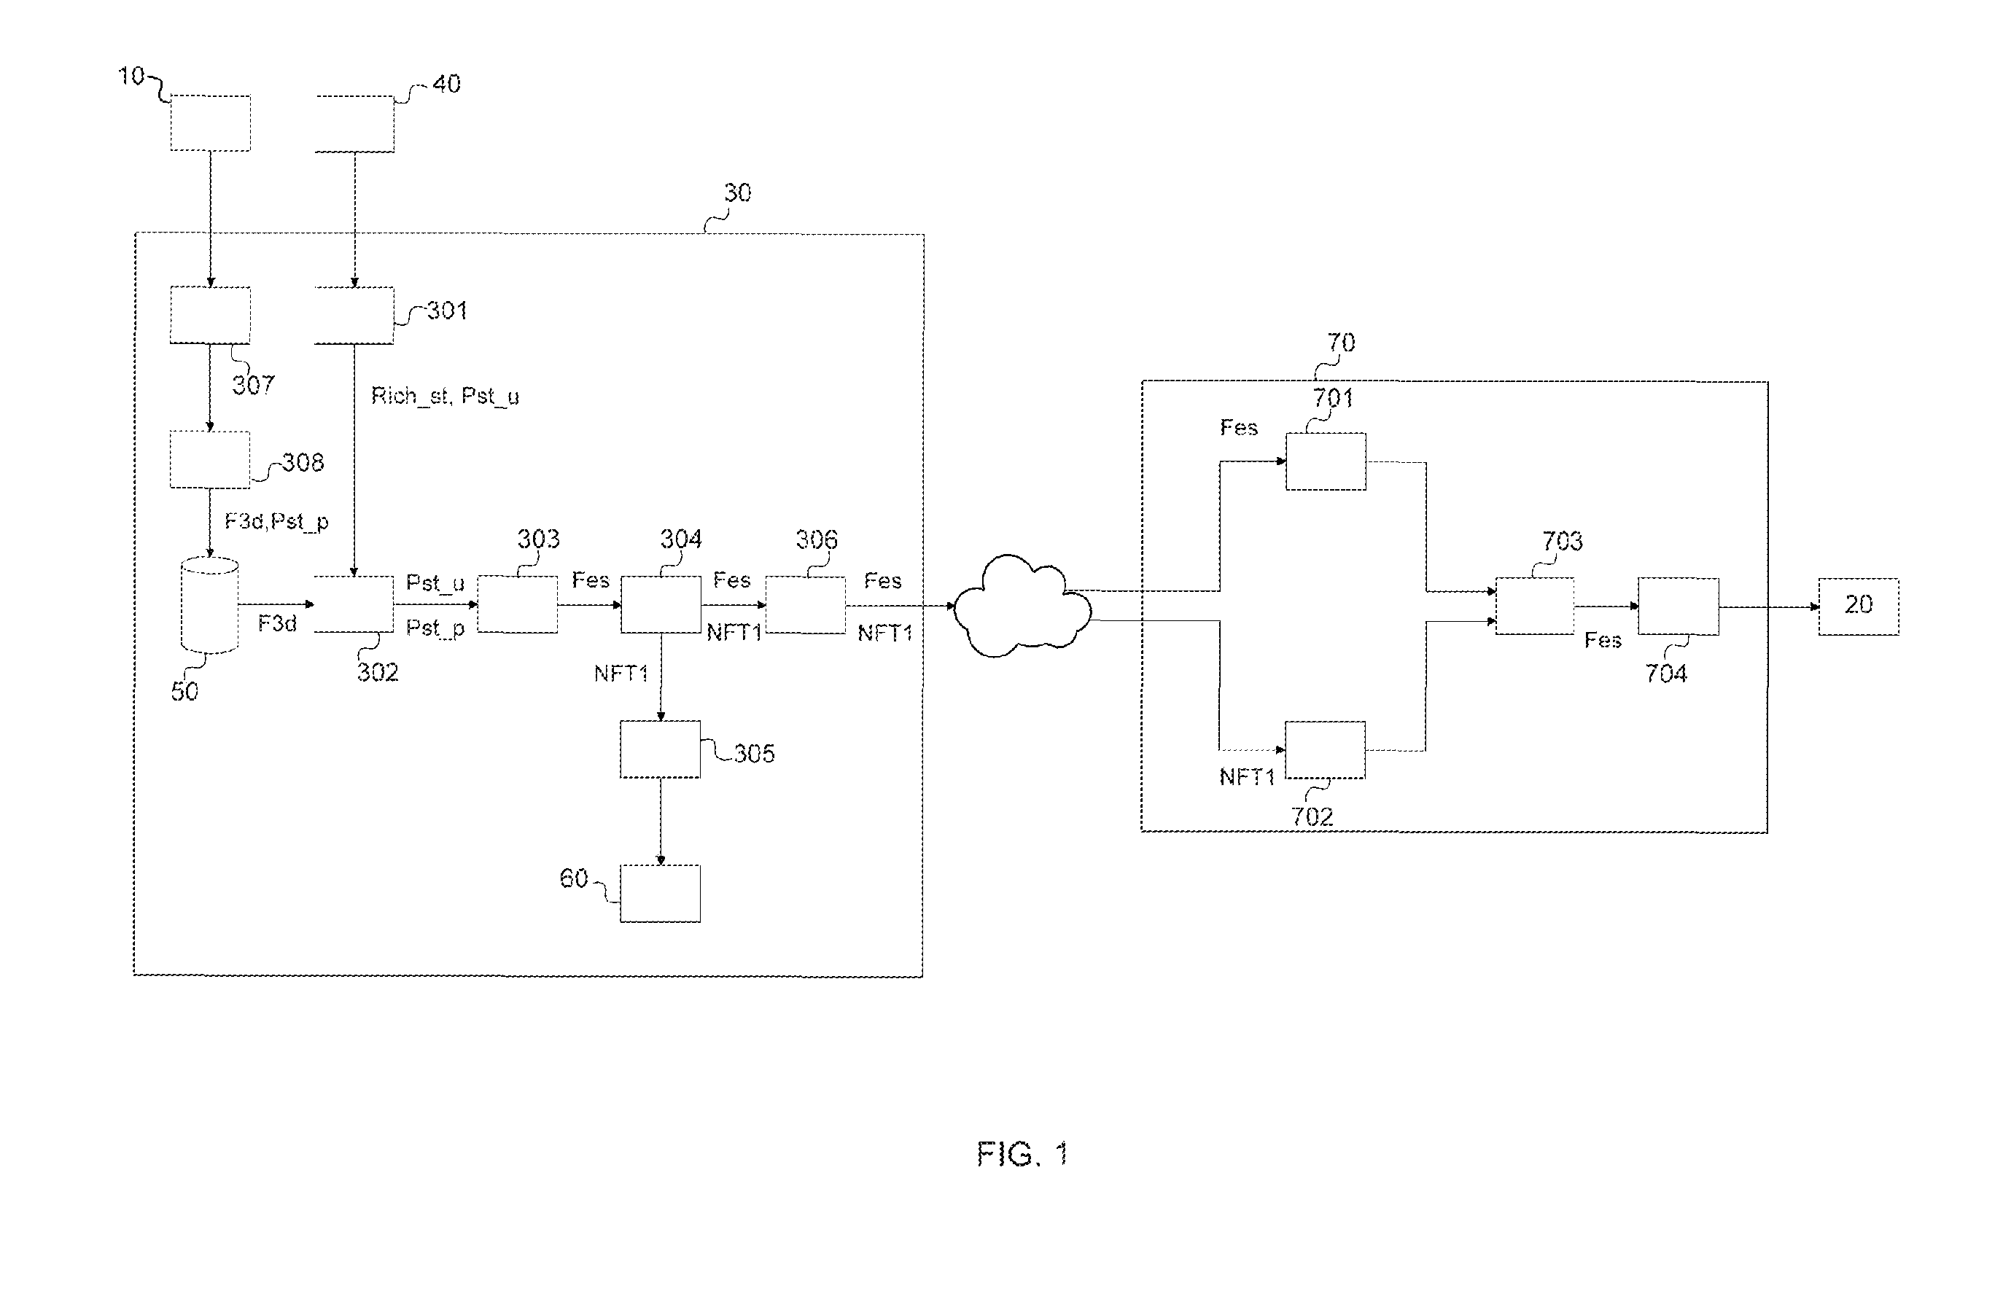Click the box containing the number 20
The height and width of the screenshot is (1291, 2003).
point(1858,606)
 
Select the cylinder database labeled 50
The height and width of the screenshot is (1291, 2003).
point(209,605)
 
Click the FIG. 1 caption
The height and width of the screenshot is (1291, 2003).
point(1022,1155)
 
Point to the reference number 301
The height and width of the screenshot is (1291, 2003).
point(447,311)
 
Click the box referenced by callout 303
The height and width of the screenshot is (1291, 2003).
point(517,604)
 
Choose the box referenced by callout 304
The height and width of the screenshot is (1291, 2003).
point(661,604)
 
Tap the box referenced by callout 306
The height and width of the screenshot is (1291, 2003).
point(805,604)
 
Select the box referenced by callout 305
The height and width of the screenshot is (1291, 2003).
point(661,749)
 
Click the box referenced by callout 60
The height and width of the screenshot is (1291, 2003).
point(661,894)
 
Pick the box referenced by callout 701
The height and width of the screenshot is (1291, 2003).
point(1326,461)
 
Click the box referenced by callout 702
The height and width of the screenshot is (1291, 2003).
point(1326,749)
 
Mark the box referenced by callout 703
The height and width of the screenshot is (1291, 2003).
point(1534,606)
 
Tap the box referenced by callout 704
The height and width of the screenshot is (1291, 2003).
point(1679,606)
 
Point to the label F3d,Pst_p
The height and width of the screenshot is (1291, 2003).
point(276,521)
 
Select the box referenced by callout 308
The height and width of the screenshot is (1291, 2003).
point(209,459)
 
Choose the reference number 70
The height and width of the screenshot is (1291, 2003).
point(1341,342)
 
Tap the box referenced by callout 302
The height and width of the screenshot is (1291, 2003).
point(354,604)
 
